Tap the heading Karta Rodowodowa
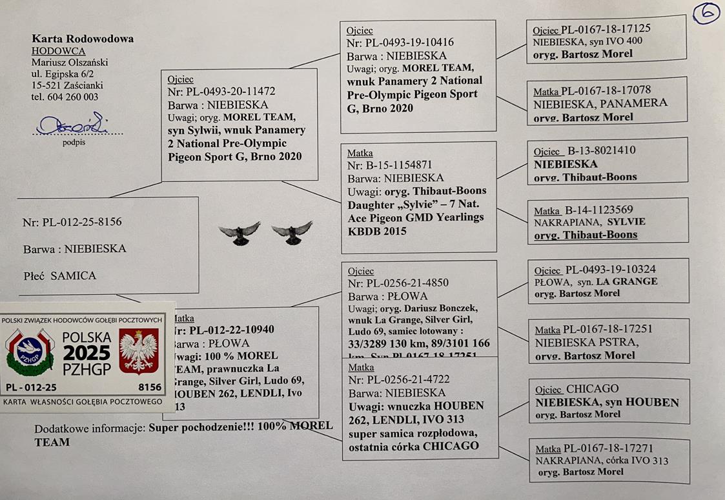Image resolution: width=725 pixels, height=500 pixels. click(83, 39)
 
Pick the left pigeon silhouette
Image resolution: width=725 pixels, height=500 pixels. click(240, 233)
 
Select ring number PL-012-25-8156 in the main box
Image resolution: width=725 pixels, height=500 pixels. click(81, 222)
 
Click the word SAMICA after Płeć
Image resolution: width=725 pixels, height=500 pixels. click(74, 275)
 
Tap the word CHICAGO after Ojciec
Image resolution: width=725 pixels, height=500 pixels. click(593, 389)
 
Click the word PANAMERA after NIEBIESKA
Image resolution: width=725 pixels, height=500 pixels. click(633, 103)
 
